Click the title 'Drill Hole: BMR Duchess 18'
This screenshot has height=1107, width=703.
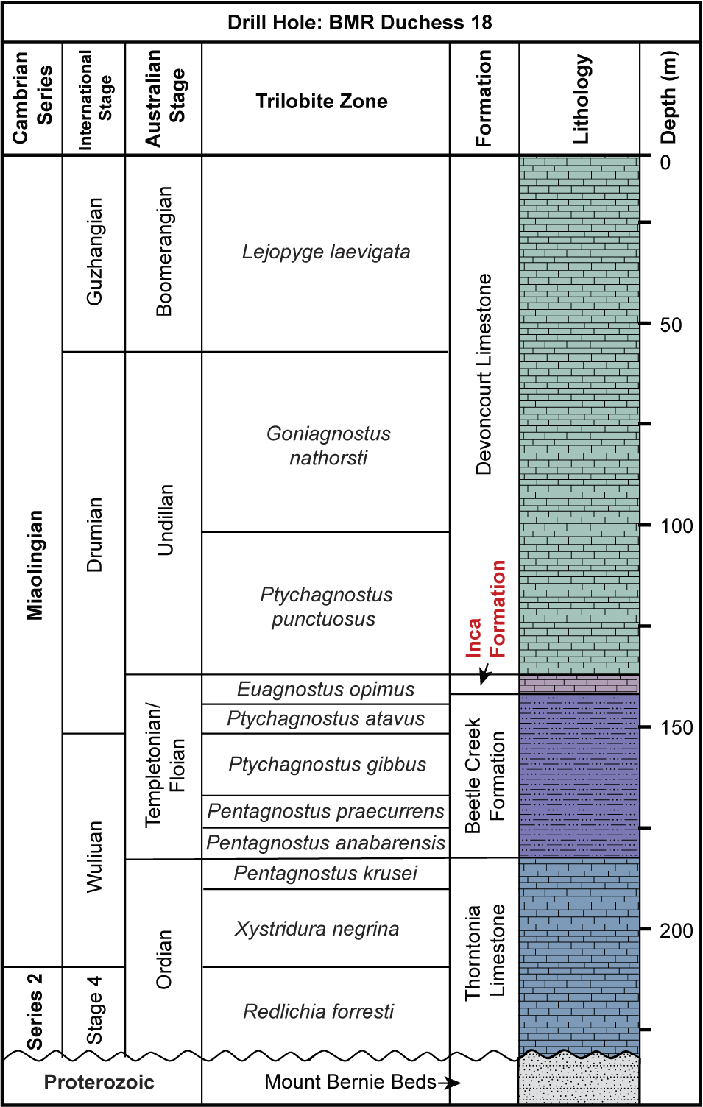coord(359,22)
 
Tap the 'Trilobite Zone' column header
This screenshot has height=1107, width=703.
coord(322,101)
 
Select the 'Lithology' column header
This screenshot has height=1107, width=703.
coord(581,99)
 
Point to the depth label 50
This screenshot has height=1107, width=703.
coord(671,325)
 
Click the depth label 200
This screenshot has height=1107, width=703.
coord(676,930)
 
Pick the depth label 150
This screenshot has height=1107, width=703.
coord(676,727)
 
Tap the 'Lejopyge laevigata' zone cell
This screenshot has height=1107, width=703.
coord(325,252)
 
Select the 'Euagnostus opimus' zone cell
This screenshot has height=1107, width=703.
coord(325,689)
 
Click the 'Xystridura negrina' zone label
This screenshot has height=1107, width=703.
coord(317,928)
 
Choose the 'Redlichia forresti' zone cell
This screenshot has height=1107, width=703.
coord(318,1011)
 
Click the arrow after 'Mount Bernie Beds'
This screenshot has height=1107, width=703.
coord(449,1083)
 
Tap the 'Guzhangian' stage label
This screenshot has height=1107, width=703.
coord(94,252)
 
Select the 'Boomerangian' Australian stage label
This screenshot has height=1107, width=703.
coord(163,252)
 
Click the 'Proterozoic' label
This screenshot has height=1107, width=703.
coord(99,1082)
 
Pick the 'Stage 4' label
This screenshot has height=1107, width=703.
coord(94,1010)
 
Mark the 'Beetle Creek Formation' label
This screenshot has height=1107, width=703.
coord(484,776)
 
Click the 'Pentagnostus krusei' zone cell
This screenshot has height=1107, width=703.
coord(325,873)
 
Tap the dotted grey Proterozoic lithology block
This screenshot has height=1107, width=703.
coord(579,1081)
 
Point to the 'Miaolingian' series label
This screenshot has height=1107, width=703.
coord(35,565)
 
